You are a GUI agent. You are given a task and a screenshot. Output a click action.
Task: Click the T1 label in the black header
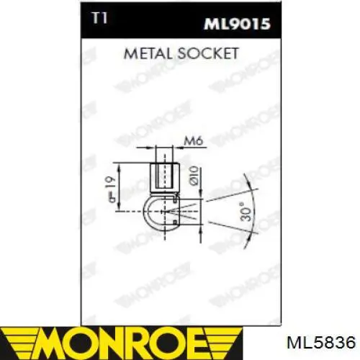pyautogui.click(x=100, y=18)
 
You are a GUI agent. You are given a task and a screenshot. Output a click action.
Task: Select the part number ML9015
pyautogui.click(x=237, y=24)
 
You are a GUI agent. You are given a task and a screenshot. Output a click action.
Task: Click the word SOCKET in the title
pyautogui.click(x=208, y=53)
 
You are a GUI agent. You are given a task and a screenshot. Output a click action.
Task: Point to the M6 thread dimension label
pyautogui.click(x=194, y=141)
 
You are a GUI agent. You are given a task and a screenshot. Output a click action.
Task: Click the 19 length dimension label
pyautogui.click(x=112, y=189)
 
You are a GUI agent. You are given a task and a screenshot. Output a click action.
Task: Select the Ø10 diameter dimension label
pyautogui.click(x=194, y=176)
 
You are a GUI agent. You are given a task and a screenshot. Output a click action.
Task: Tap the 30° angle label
pyautogui.click(x=246, y=212)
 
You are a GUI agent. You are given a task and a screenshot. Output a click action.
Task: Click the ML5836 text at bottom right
pyautogui.click(x=321, y=342)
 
